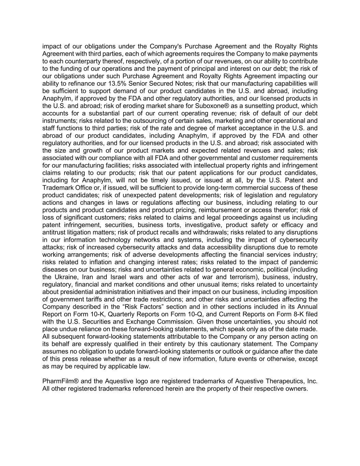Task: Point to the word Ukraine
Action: [x=65, y=277]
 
